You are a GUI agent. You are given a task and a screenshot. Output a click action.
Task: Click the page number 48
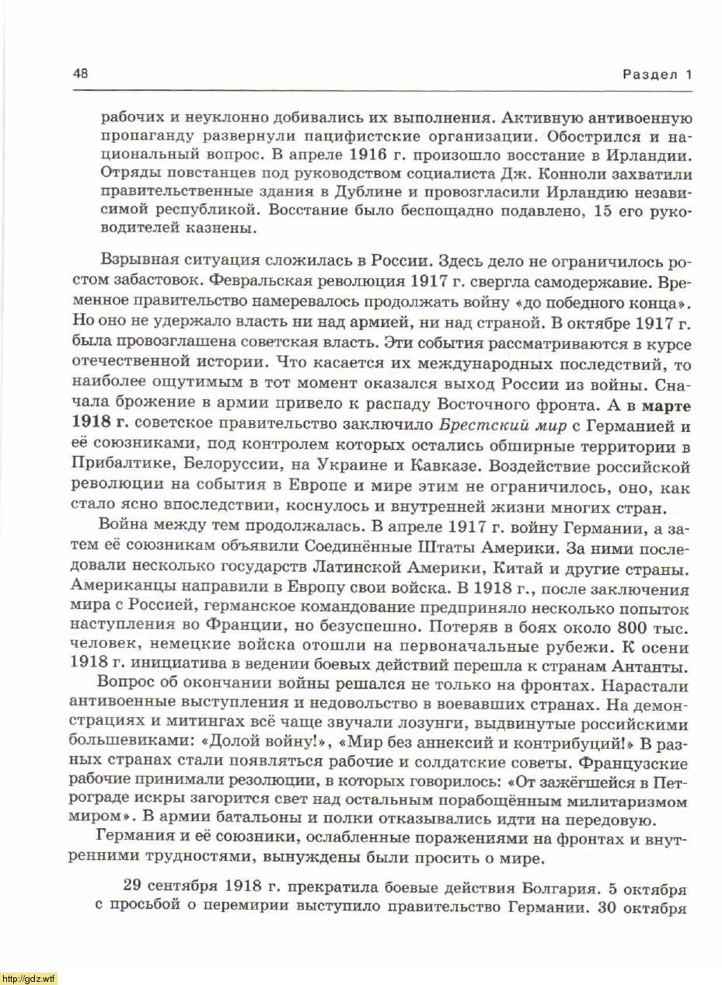click(x=80, y=74)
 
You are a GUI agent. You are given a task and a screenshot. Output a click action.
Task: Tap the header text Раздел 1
click(x=656, y=75)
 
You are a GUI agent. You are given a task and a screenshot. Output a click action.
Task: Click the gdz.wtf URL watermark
click(x=29, y=978)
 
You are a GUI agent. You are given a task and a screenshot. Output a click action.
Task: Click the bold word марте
click(x=668, y=405)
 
